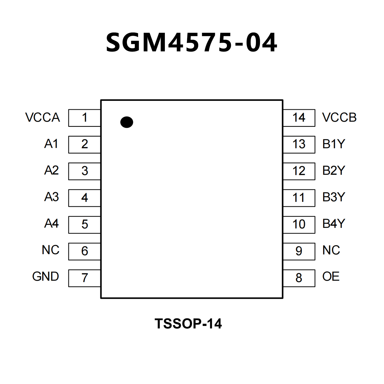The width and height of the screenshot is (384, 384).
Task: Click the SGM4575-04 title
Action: [x=192, y=43]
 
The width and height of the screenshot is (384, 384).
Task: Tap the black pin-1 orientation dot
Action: [x=127, y=122]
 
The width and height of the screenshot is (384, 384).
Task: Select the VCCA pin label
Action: [x=43, y=117]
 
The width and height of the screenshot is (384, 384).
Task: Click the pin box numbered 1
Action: [x=85, y=118]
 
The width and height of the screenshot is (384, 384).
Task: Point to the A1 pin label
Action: [x=51, y=144]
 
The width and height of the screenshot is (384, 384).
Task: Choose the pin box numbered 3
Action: [x=85, y=171]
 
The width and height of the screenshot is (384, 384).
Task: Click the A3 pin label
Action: [x=52, y=197]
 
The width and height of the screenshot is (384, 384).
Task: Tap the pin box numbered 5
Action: [x=85, y=224]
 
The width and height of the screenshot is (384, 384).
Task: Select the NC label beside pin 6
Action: [x=51, y=250]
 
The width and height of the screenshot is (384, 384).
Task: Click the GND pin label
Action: [x=46, y=276]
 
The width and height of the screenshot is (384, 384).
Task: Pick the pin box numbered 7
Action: [x=85, y=278]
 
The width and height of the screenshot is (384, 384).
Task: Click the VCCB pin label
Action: [x=339, y=117]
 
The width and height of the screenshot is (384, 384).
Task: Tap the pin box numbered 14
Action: [x=299, y=118]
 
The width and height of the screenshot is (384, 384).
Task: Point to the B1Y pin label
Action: [x=334, y=144]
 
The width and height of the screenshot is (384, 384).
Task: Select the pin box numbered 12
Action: [x=299, y=171]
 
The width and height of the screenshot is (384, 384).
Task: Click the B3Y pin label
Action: [x=334, y=197]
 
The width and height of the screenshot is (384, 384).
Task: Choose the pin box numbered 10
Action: [x=299, y=224]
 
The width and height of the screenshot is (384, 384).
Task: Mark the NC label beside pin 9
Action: [x=331, y=250]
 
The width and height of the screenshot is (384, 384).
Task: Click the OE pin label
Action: [x=331, y=276]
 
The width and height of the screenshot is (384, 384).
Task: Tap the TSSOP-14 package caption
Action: [x=188, y=324]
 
